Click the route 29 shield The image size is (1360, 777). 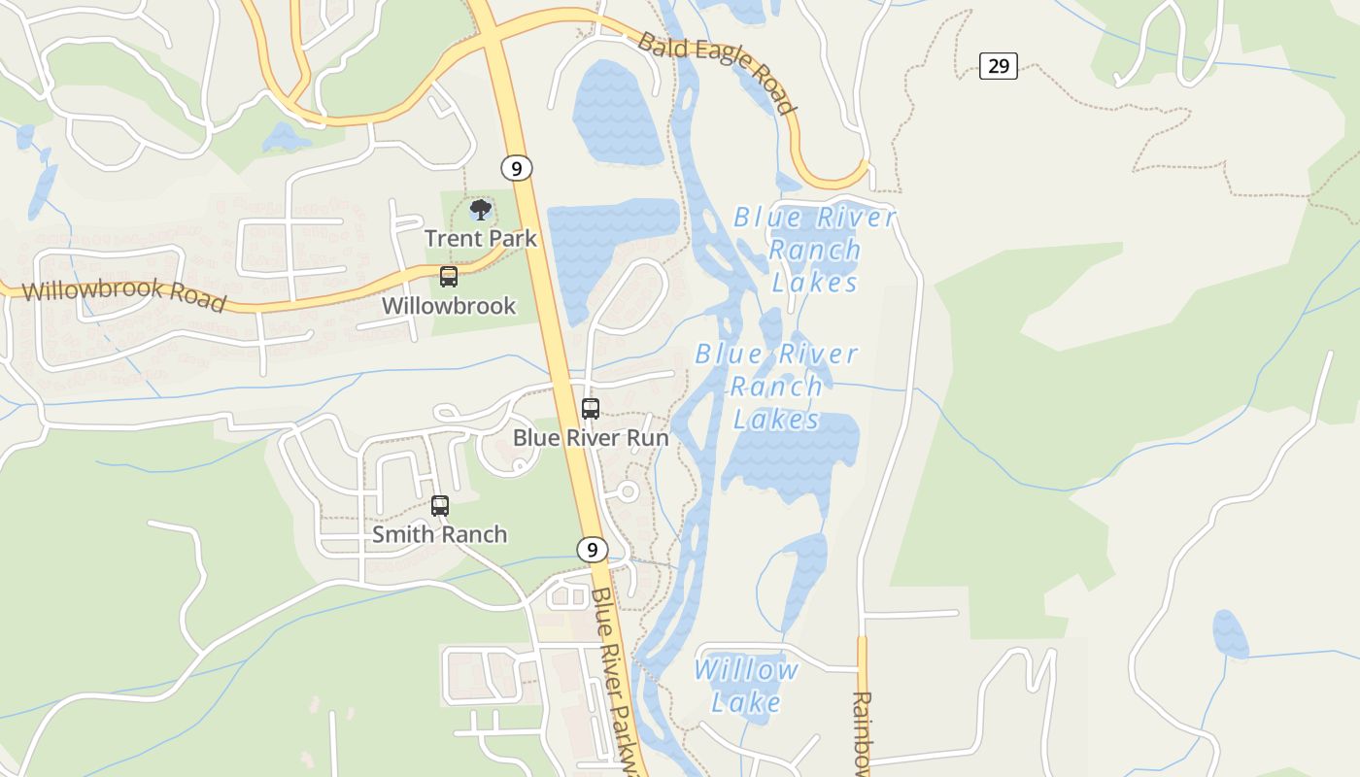(x=998, y=66)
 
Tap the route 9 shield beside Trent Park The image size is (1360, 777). (x=517, y=168)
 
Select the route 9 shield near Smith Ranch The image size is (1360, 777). (x=592, y=550)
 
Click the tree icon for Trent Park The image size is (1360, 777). (x=480, y=210)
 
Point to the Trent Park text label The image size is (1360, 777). (x=480, y=238)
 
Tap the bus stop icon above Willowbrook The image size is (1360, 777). (x=448, y=277)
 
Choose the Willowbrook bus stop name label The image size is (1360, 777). (x=448, y=306)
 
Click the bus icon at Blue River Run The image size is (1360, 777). (x=590, y=409)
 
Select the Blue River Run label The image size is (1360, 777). (x=591, y=438)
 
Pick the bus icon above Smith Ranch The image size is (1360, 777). (x=440, y=506)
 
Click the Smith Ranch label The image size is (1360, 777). (x=440, y=534)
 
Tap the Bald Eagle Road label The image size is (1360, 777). (x=717, y=73)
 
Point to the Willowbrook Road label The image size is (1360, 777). (x=123, y=294)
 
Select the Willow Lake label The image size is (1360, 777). (x=746, y=686)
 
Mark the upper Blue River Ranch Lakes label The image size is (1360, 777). (x=814, y=250)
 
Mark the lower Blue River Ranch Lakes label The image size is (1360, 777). (x=776, y=387)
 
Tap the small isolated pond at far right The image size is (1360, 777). (x=1230, y=634)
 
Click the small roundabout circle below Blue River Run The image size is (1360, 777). (x=628, y=492)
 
